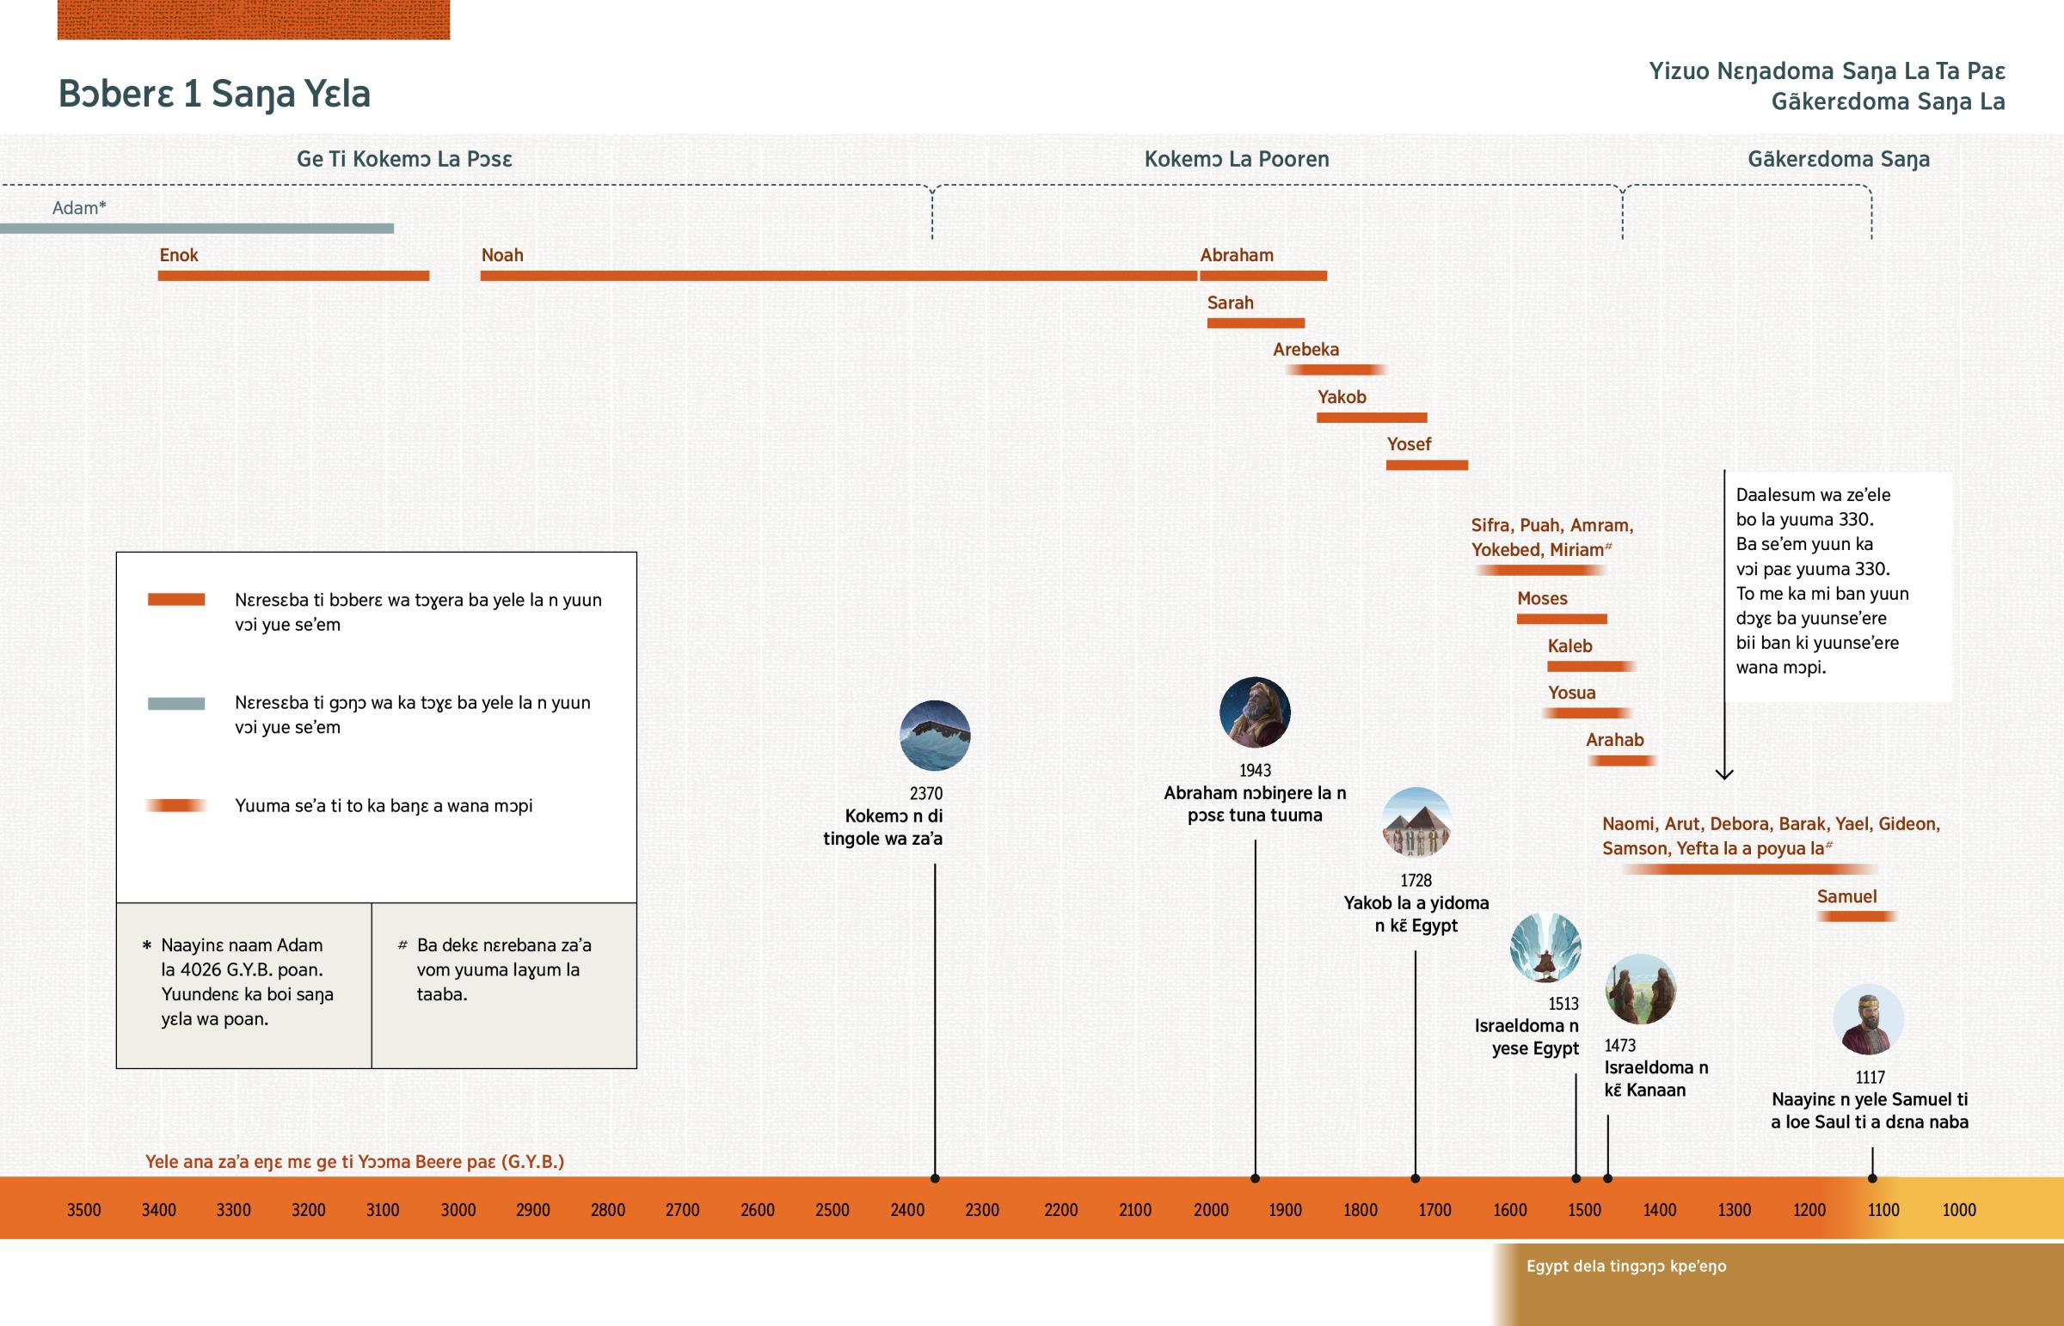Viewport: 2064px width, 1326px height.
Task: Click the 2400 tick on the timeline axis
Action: point(907,1210)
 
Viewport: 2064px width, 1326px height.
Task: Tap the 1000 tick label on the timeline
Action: point(1958,1210)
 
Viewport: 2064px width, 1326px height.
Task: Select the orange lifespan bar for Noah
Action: point(838,276)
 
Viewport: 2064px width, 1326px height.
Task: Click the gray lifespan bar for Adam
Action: point(196,229)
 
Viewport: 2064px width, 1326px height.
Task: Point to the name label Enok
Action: point(178,255)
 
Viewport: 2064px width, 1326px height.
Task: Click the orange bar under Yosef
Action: point(1427,465)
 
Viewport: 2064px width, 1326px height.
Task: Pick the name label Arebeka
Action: point(1306,350)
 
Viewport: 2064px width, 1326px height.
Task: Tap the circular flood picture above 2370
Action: point(935,736)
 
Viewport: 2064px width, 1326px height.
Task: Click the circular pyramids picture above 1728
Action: point(1416,822)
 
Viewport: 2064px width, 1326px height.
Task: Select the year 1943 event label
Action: point(1255,771)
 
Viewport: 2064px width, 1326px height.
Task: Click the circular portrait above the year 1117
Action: point(1868,1019)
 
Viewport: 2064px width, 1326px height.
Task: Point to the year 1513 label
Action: point(1563,1004)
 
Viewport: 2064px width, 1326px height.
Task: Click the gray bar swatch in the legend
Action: point(175,704)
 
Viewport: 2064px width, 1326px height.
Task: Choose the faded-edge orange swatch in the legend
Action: point(175,806)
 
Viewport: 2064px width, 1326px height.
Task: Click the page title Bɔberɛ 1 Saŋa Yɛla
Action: point(213,94)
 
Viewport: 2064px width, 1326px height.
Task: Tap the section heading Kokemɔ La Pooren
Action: point(1236,159)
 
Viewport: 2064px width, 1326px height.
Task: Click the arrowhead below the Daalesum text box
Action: point(1723,774)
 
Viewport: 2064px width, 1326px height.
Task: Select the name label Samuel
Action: point(1846,896)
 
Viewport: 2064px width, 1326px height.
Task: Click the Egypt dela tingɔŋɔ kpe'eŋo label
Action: point(1625,1266)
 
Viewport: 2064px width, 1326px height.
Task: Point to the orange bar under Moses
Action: point(1561,619)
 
